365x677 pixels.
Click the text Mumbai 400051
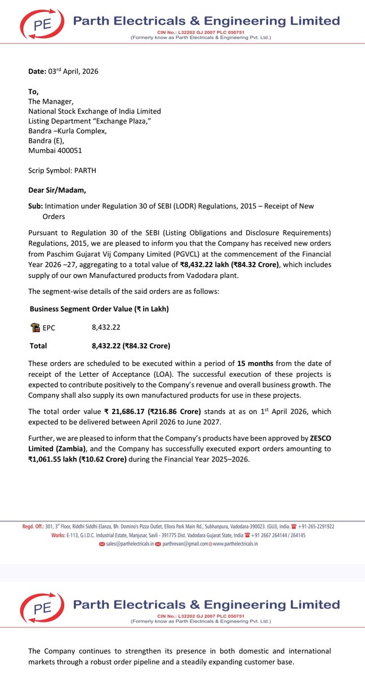(x=54, y=151)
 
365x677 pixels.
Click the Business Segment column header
(x=59, y=309)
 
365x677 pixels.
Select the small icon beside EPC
(x=35, y=327)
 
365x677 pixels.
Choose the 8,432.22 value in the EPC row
(x=106, y=327)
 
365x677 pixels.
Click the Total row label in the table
(x=38, y=346)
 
